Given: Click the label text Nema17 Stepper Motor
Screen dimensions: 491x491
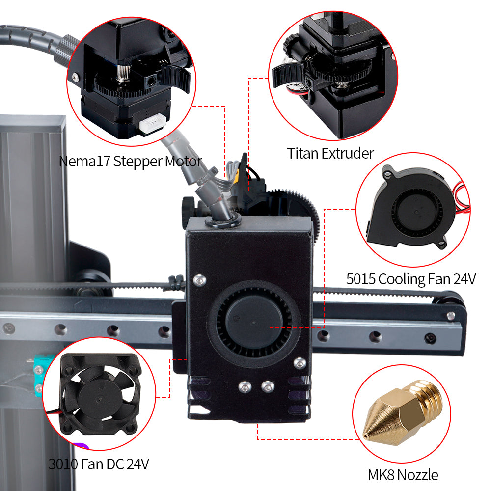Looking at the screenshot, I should [x=130, y=162].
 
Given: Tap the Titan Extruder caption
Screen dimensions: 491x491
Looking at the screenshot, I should [x=330, y=154].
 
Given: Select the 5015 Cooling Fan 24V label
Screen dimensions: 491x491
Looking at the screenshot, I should [x=410, y=279].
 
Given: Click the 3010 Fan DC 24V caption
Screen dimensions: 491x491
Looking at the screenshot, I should [x=99, y=464].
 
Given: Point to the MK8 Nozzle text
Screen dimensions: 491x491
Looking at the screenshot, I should [x=403, y=475].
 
